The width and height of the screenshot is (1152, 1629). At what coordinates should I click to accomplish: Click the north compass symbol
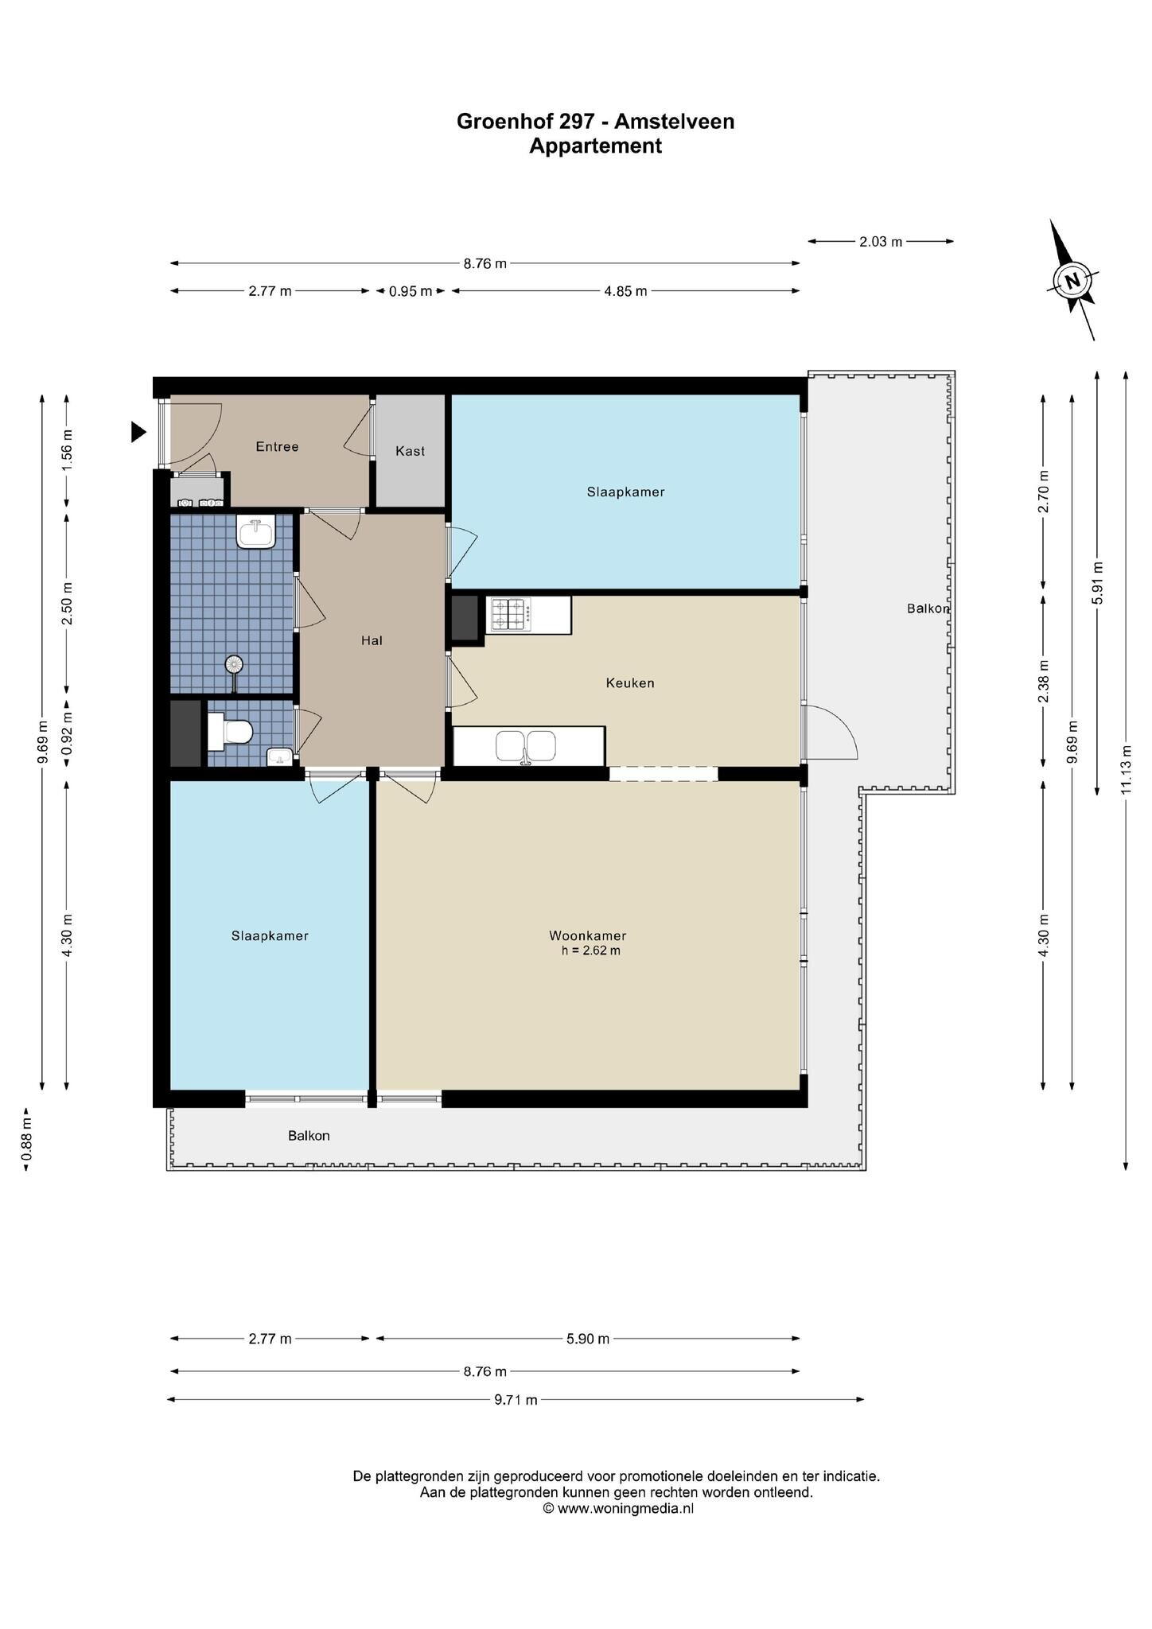(1073, 281)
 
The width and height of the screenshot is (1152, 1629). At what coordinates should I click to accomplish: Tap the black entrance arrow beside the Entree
(138, 432)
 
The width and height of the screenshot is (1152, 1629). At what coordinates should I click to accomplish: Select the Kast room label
(410, 451)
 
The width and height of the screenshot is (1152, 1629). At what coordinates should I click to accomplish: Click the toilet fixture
(231, 731)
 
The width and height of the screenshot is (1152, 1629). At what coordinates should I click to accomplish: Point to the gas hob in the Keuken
(510, 614)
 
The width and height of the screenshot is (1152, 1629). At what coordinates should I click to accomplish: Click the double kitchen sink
(525, 746)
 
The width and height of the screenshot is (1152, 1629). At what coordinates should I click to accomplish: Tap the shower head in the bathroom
(234, 663)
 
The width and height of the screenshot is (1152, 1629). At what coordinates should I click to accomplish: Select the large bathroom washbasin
(256, 531)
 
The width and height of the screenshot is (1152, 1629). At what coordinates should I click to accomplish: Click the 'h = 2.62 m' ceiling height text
(590, 950)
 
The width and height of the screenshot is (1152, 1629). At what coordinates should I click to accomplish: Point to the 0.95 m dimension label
(411, 291)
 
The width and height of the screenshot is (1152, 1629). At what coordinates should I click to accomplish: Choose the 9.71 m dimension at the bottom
(516, 1400)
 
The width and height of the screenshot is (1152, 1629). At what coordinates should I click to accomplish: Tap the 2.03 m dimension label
(881, 241)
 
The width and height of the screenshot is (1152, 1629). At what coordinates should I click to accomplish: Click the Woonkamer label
(587, 935)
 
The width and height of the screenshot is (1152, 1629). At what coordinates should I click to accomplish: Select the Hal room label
(372, 640)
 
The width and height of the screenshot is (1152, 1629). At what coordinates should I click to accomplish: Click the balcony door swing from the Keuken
(831, 732)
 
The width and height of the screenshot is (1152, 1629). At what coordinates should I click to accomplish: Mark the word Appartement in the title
(595, 146)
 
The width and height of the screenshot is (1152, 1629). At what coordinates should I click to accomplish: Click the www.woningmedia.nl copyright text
(618, 1508)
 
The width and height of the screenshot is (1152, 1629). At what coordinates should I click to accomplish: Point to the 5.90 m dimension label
(587, 1339)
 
